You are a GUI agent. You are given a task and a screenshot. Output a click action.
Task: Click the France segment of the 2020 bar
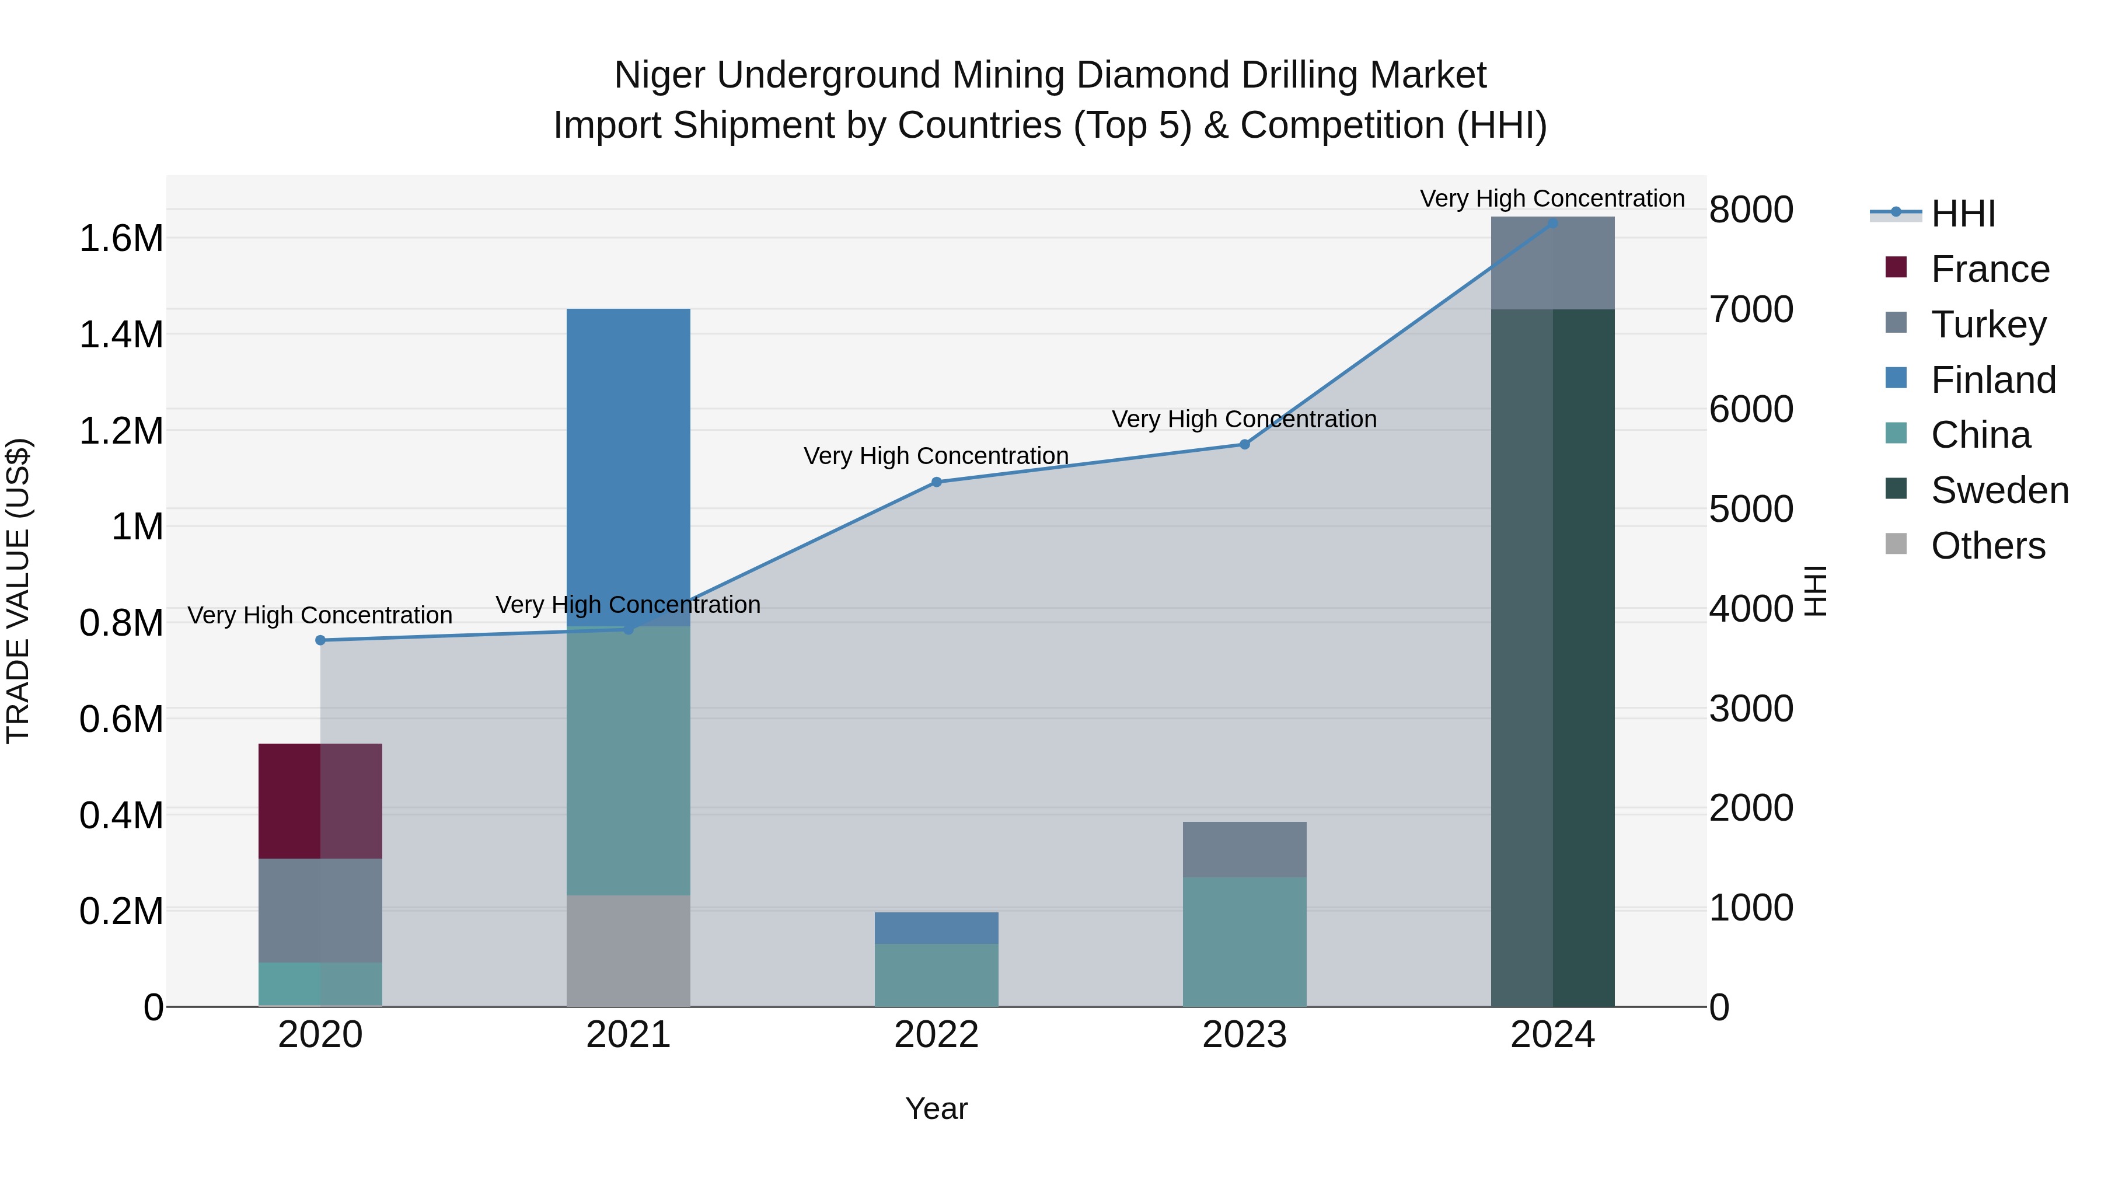click(x=320, y=800)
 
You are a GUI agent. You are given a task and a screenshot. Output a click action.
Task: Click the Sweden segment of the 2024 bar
click(x=1552, y=657)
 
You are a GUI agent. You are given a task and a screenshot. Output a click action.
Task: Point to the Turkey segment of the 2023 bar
click(x=1244, y=849)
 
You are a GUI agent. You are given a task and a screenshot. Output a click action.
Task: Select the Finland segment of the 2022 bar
click(x=936, y=928)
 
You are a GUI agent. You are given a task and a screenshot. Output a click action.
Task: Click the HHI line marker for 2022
click(x=936, y=482)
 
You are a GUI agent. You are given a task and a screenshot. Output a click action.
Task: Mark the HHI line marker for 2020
click(x=320, y=640)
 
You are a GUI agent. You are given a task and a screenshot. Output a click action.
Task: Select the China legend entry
click(x=1980, y=435)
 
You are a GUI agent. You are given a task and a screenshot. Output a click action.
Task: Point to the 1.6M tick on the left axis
click(x=121, y=239)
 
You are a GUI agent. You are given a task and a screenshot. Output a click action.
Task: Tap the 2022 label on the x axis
click(x=936, y=1035)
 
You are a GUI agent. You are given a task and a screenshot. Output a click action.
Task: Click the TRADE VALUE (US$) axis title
click(x=19, y=591)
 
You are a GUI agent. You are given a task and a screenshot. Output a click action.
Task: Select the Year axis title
click(x=936, y=1108)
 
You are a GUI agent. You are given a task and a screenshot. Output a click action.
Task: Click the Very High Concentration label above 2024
click(x=1551, y=198)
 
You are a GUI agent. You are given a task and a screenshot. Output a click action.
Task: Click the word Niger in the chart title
click(x=661, y=75)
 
